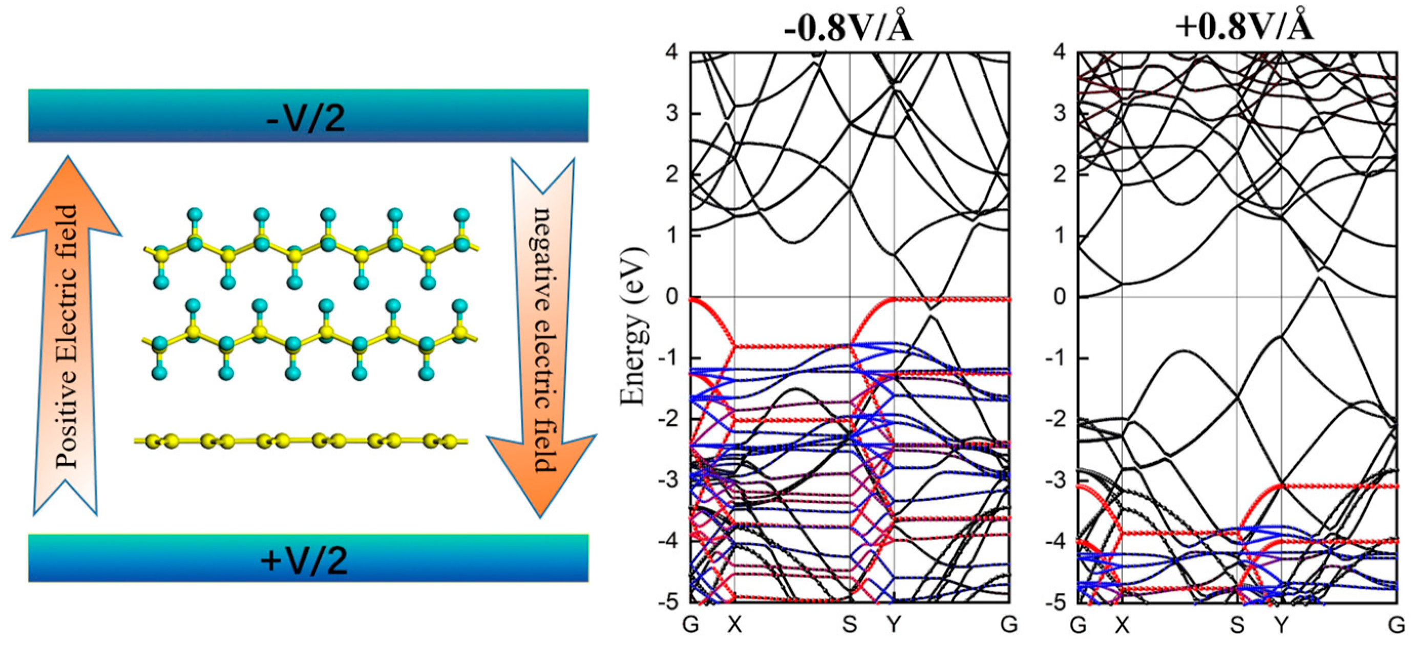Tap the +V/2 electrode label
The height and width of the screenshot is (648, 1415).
304,560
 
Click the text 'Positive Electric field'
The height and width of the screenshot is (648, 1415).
67,336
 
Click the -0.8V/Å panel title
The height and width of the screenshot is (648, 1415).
848,26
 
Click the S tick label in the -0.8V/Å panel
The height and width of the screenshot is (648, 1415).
849,625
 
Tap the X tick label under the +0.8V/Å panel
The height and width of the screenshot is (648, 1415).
1122,625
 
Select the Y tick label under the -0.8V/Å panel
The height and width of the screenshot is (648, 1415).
894,625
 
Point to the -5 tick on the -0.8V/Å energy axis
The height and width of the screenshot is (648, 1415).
668,602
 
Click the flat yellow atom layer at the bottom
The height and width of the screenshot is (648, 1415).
301,440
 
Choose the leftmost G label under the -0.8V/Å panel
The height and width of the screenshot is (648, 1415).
690,625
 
